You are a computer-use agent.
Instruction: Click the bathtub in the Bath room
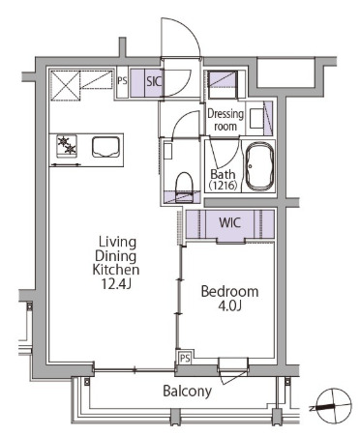tap(259, 166)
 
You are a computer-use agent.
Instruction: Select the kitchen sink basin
tap(105, 147)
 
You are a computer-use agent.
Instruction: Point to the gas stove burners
tap(67, 146)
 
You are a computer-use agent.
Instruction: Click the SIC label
tap(154, 81)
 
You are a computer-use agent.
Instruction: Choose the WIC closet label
tap(229, 222)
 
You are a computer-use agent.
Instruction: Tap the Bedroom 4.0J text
tap(229, 298)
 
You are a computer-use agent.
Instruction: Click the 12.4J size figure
tap(116, 283)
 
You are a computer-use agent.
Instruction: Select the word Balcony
tap(188, 392)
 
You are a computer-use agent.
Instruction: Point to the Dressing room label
tap(225, 120)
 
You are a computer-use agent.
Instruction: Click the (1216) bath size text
tap(223, 186)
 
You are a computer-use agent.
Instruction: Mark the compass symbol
tap(334, 406)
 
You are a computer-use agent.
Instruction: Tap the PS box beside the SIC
tap(122, 82)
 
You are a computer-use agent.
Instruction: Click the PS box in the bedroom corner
tap(185, 358)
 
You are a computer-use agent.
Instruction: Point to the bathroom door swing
tap(225, 154)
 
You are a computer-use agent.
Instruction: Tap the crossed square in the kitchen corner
tap(65, 86)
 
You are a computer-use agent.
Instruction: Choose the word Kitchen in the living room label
tap(116, 270)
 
